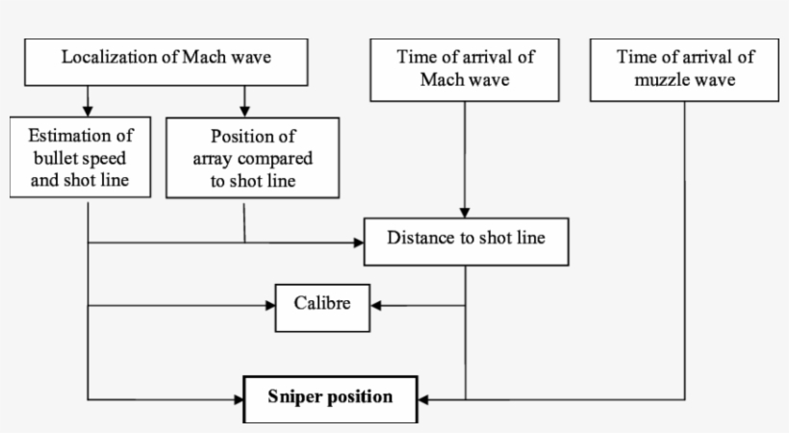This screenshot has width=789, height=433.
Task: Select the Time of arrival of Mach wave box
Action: pos(465,68)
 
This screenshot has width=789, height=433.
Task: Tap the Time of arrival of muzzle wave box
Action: pos(684,68)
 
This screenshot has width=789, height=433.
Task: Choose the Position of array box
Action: pos(252,157)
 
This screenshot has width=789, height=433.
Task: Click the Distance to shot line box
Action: pos(466,241)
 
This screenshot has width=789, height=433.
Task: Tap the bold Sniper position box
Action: pos(330,396)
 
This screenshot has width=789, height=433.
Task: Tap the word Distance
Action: pos(421,237)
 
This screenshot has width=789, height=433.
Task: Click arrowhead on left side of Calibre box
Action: pos(269,306)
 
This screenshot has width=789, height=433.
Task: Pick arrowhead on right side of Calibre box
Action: pos(377,306)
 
